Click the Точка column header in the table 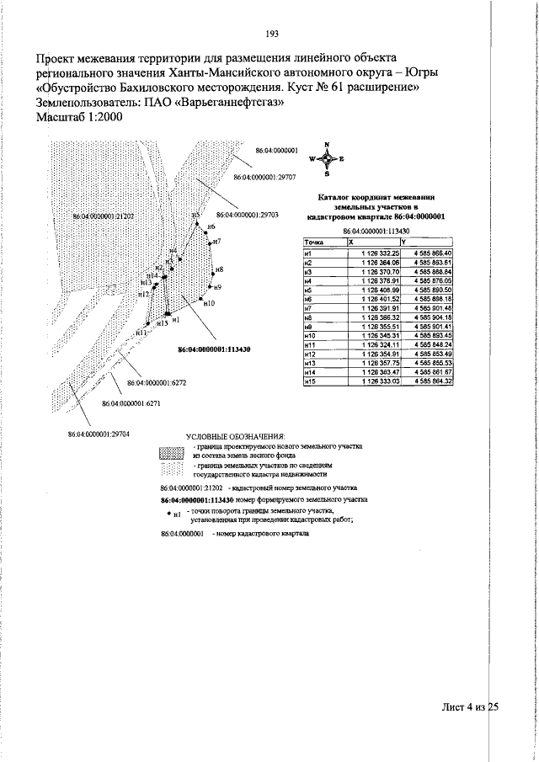314,242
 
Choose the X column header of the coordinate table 352,242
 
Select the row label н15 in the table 310,381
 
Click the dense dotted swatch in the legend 172,451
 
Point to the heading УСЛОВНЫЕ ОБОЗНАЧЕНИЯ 237,435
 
